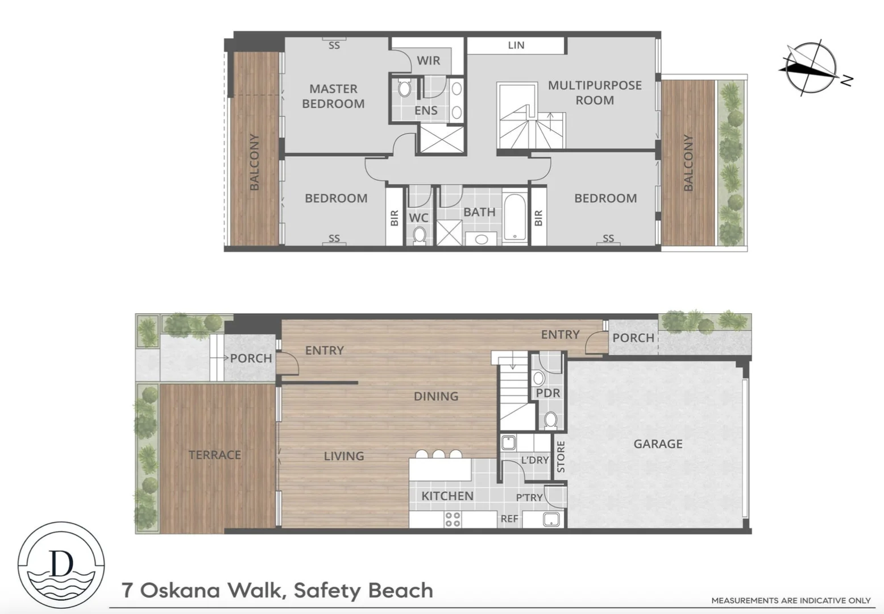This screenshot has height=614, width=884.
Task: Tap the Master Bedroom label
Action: [333, 96]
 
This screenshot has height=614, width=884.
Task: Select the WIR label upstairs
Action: [428, 60]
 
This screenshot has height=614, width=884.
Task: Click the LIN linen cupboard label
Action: [516, 45]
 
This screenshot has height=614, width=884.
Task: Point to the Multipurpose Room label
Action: [595, 93]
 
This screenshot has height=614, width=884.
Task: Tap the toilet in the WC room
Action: [420, 235]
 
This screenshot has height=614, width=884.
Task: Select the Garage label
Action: [658, 443]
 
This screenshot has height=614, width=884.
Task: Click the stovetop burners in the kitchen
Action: [453, 519]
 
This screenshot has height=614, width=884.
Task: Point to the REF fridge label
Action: [509, 518]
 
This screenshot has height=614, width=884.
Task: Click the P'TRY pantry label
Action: [529, 497]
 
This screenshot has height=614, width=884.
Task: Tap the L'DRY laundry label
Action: [534, 460]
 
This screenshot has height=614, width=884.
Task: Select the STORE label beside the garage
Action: [561, 457]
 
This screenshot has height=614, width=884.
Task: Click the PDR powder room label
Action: [548, 393]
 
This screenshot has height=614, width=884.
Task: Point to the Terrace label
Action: [215, 455]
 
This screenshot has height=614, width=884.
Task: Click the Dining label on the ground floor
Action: [436, 396]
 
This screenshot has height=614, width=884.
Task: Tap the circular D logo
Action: [61, 565]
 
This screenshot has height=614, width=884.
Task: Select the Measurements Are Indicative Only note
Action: [791, 600]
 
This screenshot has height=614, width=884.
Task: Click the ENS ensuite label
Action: [426, 110]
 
